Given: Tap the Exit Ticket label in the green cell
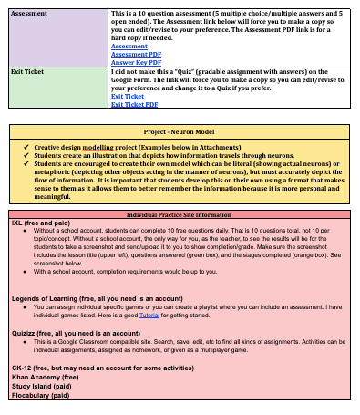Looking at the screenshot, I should click(x=28, y=70).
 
